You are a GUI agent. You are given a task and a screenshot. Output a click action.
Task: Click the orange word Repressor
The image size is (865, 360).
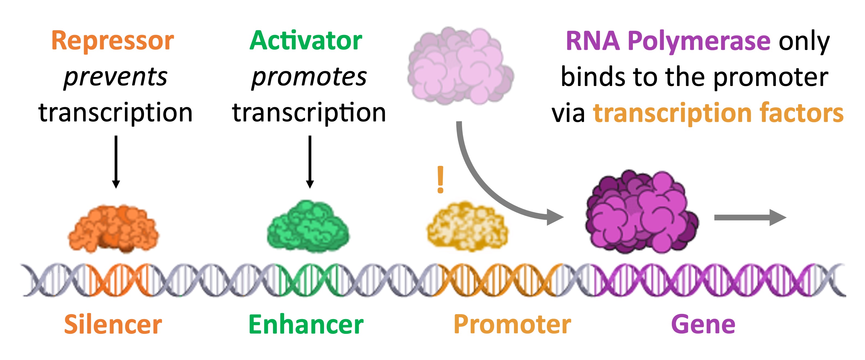click(x=112, y=41)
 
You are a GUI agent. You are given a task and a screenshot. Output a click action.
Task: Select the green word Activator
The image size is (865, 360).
click(x=306, y=41)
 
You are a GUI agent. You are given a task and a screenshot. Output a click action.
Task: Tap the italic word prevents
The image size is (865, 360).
click(x=115, y=77)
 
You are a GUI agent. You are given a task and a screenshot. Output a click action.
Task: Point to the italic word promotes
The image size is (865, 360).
click(x=309, y=77)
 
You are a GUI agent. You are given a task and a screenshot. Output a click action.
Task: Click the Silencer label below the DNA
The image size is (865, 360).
click(x=113, y=324)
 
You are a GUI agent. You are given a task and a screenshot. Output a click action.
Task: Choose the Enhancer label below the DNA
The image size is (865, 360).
click(x=306, y=324)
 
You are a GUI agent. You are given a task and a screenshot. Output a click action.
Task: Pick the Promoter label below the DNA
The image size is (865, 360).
click(x=512, y=324)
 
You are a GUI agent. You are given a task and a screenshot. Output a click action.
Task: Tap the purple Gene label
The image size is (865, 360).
click(x=703, y=324)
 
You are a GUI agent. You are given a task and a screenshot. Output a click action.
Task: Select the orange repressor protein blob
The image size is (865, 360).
click(x=113, y=228)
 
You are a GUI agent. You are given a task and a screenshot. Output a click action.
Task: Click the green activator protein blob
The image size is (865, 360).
click(x=308, y=227)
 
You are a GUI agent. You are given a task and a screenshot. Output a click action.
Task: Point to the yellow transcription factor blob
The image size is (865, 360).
click(x=467, y=227)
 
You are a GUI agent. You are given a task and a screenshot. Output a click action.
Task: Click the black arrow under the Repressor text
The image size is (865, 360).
click(x=116, y=161)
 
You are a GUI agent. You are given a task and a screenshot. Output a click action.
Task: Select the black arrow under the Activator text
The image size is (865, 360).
click(x=310, y=161)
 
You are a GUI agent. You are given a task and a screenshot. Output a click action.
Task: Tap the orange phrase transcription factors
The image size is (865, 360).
click(x=718, y=113)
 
